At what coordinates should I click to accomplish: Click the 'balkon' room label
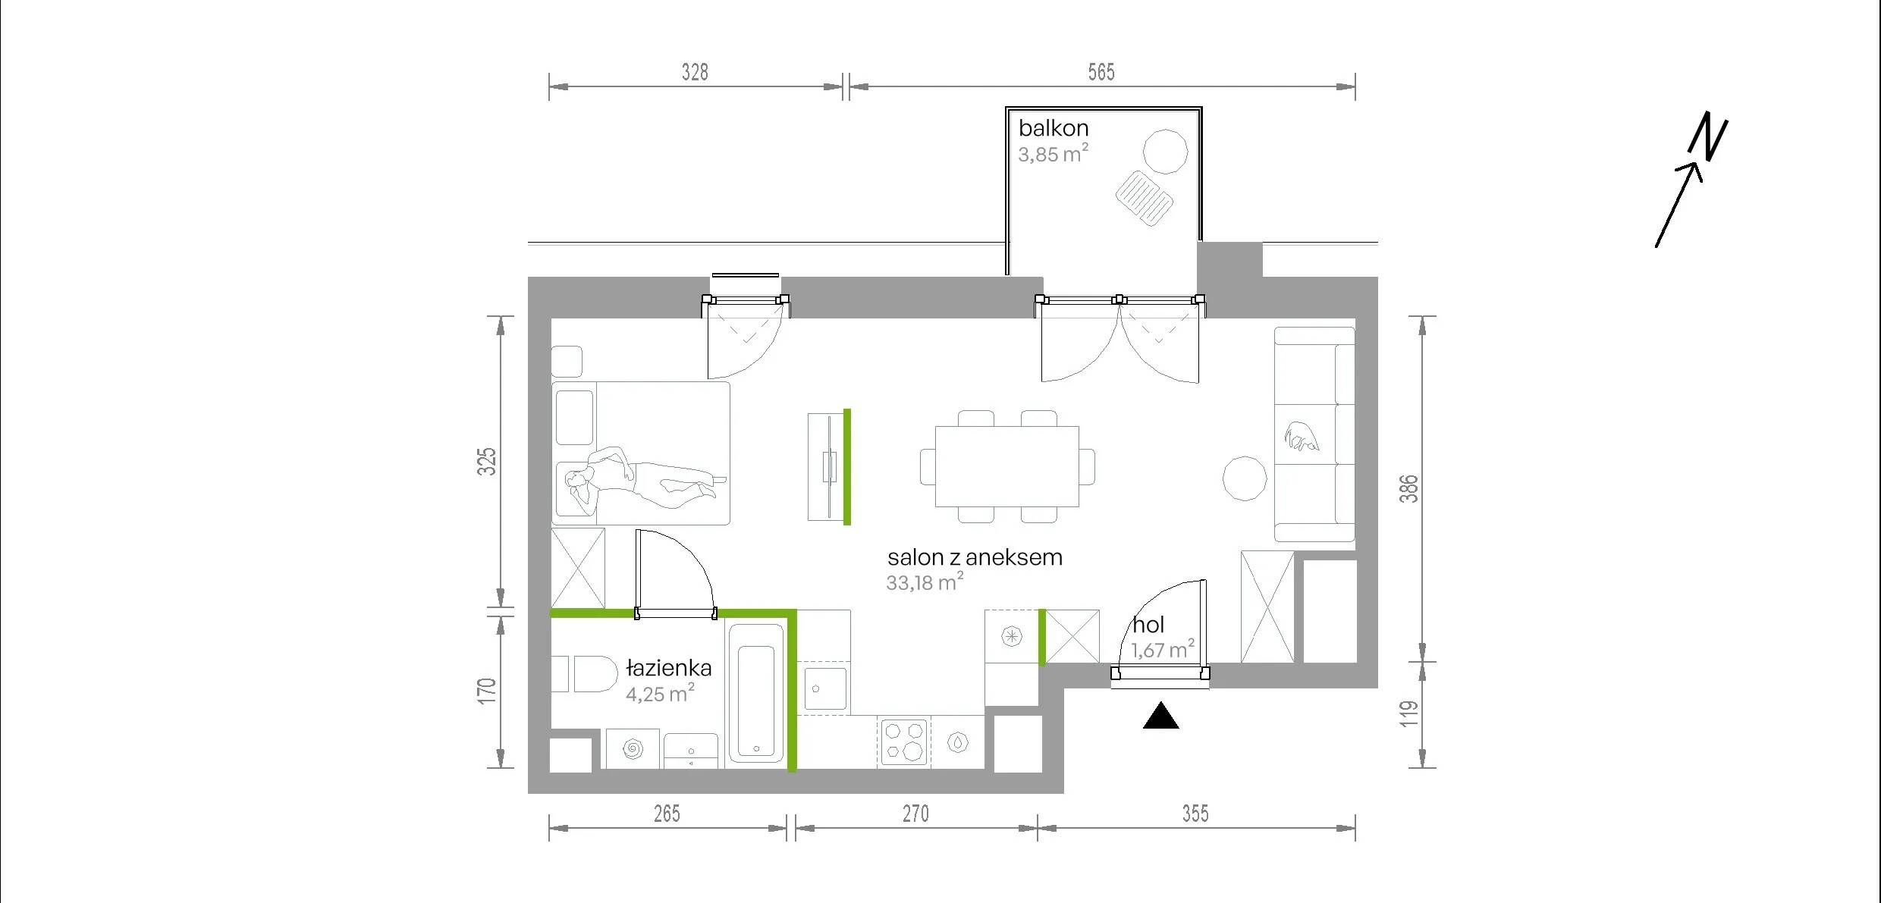(x=1053, y=128)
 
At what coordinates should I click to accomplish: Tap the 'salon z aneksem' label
(x=975, y=557)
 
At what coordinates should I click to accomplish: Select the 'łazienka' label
(x=669, y=668)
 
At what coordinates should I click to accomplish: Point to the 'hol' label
(x=1148, y=625)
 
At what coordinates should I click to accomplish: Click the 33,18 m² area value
(x=925, y=582)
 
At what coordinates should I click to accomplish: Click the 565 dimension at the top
(x=1101, y=72)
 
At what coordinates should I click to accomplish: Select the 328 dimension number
(x=695, y=72)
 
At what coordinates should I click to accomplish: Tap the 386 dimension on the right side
(x=1408, y=488)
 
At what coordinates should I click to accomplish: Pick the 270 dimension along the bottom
(x=915, y=814)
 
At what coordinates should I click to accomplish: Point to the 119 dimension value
(x=1408, y=713)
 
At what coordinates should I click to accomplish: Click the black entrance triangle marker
(x=1160, y=716)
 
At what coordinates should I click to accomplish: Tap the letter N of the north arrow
(x=1708, y=136)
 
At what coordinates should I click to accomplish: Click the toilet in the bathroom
(x=595, y=674)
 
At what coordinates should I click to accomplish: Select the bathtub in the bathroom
(x=756, y=693)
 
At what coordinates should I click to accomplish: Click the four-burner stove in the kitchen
(x=905, y=741)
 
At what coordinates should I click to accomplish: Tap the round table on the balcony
(x=1165, y=152)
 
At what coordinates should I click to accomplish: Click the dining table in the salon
(x=1007, y=466)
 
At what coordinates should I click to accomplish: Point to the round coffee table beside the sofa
(x=1245, y=478)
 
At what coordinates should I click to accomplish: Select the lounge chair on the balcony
(x=1145, y=199)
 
